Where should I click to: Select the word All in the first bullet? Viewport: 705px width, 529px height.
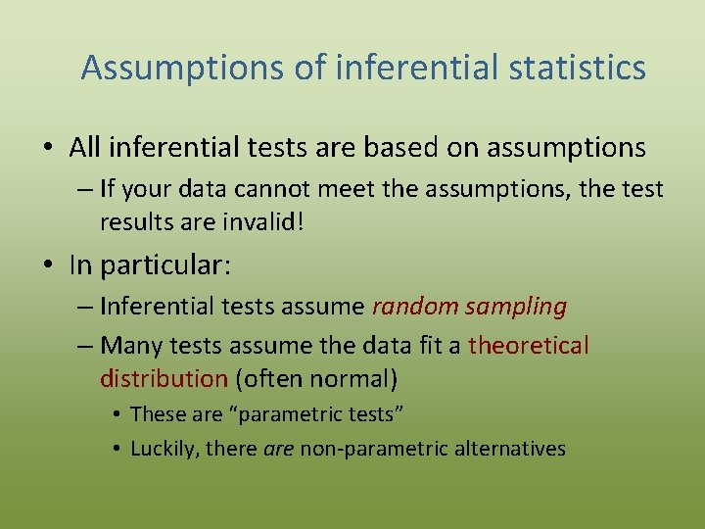pyautogui.click(x=85, y=148)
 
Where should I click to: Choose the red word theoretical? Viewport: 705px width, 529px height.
pyautogui.click(x=529, y=346)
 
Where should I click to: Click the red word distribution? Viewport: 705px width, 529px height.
pyautogui.click(x=164, y=378)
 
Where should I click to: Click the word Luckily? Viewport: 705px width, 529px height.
pyautogui.click(x=161, y=450)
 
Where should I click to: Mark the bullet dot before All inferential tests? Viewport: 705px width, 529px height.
pyautogui.click(x=48, y=149)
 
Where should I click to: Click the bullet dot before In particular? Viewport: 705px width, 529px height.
pyautogui.click(x=48, y=265)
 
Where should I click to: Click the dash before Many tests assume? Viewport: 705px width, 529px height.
pyautogui.click(x=82, y=346)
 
